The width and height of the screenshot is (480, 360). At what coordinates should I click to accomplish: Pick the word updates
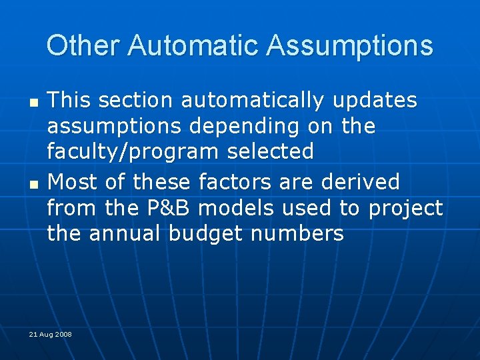coord(375,101)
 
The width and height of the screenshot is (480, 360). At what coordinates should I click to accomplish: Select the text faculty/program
coord(132,152)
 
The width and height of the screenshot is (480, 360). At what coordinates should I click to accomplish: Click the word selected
coord(270,152)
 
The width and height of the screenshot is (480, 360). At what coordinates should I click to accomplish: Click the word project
coord(405,208)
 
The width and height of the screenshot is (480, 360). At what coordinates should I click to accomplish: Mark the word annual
coord(125,234)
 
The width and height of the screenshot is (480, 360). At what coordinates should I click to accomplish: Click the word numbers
coord(303,234)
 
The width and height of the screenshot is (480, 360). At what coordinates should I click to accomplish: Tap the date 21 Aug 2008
coord(50,334)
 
